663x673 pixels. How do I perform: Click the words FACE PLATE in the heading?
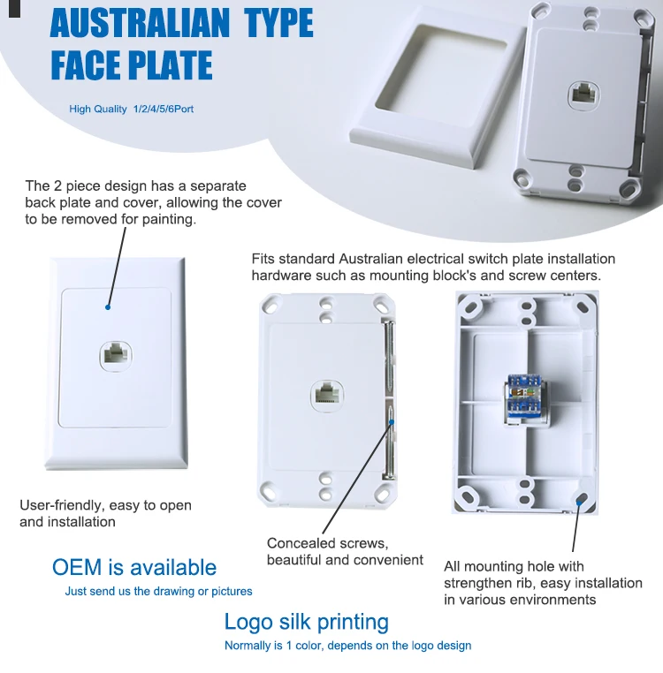pyautogui.click(x=131, y=66)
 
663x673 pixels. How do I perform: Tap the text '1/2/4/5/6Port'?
pyautogui.click(x=163, y=110)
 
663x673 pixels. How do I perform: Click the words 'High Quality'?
pyautogui.click(x=98, y=110)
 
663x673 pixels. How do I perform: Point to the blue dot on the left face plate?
pyautogui.click(x=108, y=307)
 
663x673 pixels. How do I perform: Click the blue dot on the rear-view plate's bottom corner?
pyautogui.click(x=580, y=500)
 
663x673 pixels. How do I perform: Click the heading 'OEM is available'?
pyautogui.click(x=133, y=568)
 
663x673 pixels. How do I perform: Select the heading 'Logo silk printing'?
pyautogui.click(x=306, y=622)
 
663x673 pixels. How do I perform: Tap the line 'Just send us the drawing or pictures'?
pyautogui.click(x=158, y=592)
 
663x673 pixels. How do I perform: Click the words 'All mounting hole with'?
pyautogui.click(x=514, y=566)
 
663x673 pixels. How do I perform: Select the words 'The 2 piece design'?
pyautogui.click(x=81, y=186)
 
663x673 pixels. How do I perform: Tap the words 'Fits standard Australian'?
pyautogui.click(x=327, y=259)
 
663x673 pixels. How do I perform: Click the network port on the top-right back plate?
pyautogui.click(x=584, y=93)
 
